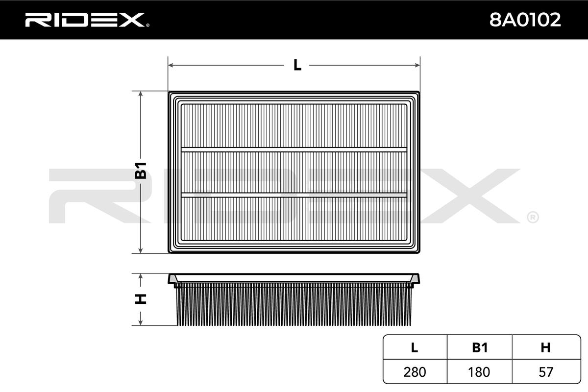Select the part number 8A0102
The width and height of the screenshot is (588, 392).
[x=525, y=20]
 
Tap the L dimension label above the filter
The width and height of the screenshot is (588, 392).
[x=297, y=65]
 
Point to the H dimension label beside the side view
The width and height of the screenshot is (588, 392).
[x=141, y=298]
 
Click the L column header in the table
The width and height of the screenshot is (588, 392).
[x=415, y=348]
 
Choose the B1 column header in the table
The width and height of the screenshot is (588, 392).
[x=479, y=348]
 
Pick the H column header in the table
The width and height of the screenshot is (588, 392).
[x=545, y=348]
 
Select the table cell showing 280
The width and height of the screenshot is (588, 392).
[x=415, y=372]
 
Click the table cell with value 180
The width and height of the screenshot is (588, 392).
[x=479, y=372]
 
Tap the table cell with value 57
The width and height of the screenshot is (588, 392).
[x=545, y=372]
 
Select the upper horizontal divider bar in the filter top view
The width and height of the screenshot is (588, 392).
[x=294, y=149]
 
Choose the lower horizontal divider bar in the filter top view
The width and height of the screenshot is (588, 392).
[x=294, y=195]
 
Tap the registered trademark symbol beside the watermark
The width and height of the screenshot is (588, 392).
[x=532, y=217]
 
